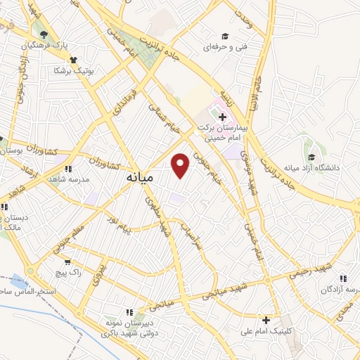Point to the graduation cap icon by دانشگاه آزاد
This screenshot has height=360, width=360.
(310, 157)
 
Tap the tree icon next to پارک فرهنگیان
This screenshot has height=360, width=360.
(44, 34)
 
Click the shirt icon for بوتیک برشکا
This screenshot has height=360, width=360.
(74, 60)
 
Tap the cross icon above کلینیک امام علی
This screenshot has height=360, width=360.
(266, 320)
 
